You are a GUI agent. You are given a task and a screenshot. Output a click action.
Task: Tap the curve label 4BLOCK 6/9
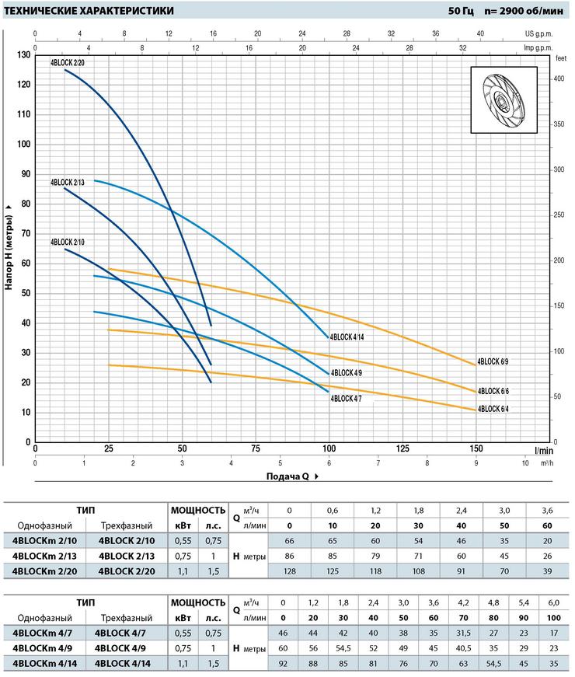pos(493,361)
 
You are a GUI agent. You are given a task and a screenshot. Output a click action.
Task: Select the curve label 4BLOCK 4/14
pos(347,337)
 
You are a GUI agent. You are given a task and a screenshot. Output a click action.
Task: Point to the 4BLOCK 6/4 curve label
pos(493,409)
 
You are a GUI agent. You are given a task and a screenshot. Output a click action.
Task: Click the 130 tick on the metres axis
pos(23,54)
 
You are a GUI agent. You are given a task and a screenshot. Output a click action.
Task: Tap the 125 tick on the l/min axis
pos(402,449)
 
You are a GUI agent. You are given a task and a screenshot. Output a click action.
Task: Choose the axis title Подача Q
pos(289,476)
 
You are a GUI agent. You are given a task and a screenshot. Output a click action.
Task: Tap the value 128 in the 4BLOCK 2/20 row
pos(289,571)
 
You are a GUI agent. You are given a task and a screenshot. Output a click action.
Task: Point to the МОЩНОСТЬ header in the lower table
pos(199,602)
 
